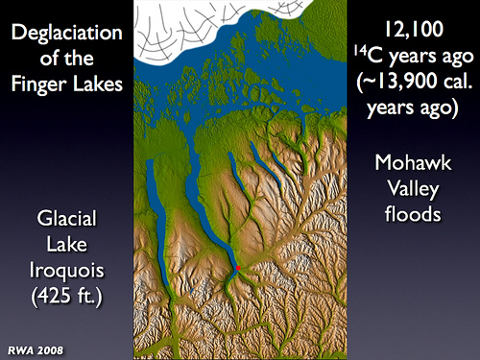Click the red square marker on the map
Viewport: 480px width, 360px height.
click(x=238, y=268)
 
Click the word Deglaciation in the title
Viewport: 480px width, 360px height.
click(x=67, y=33)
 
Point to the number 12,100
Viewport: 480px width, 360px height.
click(x=414, y=30)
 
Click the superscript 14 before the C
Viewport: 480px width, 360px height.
click(x=360, y=49)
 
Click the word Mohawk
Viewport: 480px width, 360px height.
click(x=413, y=162)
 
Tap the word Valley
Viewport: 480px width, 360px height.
click(x=413, y=189)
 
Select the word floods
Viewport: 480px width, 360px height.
click(x=413, y=214)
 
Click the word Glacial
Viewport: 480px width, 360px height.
click(x=66, y=218)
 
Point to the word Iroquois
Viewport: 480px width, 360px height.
click(x=67, y=271)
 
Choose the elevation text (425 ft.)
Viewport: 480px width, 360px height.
click(x=67, y=296)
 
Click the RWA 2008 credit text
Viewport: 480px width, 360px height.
click(x=36, y=350)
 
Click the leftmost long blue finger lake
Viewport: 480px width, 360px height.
click(x=157, y=221)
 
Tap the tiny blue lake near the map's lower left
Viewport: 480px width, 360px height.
click(x=192, y=291)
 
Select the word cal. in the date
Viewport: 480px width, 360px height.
click(x=458, y=82)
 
